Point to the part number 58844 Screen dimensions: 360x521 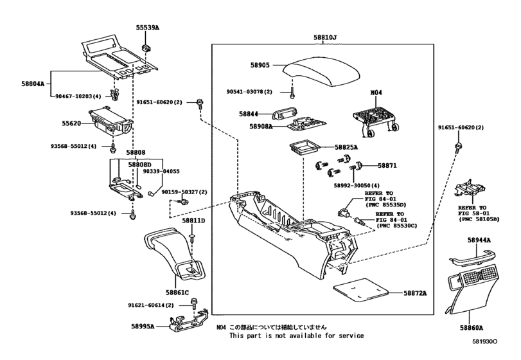248,114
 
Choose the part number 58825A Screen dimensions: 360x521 346,147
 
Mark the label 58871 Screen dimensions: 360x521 387,165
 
